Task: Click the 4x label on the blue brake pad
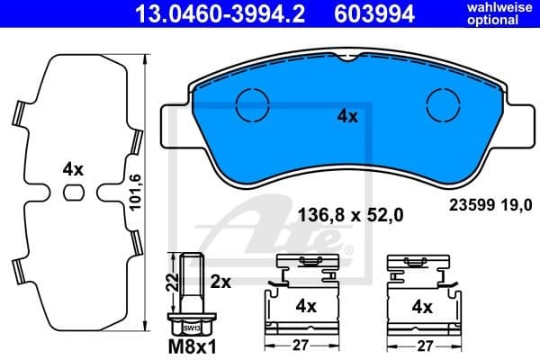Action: [x=348, y=115]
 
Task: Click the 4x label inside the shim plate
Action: [x=73, y=168]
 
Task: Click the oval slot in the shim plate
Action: [x=74, y=192]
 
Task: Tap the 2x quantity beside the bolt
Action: [x=220, y=282]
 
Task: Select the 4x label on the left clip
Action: [x=307, y=305]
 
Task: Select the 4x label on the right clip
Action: [x=421, y=305]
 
